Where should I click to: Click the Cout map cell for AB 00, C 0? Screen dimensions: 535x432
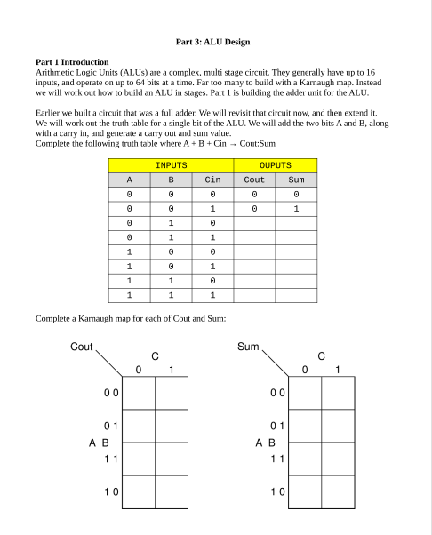[139, 391]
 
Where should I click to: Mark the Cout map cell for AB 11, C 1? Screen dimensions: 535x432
[172, 459]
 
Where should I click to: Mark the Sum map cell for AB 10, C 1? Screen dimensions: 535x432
[339, 491]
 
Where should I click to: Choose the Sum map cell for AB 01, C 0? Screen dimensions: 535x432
[305, 425]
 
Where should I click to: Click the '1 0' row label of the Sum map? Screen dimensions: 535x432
[278, 491]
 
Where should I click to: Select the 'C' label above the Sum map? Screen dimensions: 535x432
[322, 354]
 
